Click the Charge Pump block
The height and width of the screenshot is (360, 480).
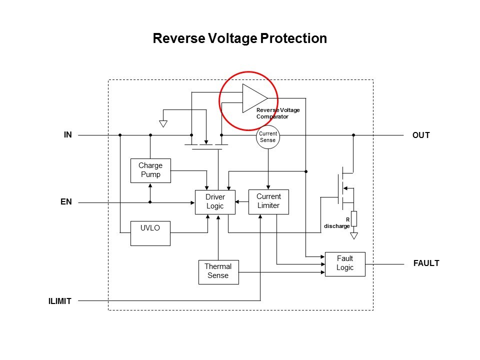[x=150, y=171]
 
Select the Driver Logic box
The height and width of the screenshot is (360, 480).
[x=215, y=202]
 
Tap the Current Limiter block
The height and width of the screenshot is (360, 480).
[x=268, y=201]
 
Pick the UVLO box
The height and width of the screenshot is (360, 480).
[x=150, y=233]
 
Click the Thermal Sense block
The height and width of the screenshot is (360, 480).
[x=218, y=271]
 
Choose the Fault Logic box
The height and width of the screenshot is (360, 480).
[x=345, y=263]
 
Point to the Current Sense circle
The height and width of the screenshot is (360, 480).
[x=267, y=137]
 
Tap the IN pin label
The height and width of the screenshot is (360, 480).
[x=68, y=134]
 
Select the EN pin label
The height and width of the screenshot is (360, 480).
[x=66, y=202]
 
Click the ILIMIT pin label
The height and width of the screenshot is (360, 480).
[x=60, y=301]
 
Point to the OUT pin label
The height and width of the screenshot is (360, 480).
[x=421, y=135]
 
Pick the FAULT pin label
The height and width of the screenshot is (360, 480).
[x=426, y=263]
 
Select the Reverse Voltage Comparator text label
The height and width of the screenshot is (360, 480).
[x=277, y=113]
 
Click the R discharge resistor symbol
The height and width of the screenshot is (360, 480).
[x=354, y=218]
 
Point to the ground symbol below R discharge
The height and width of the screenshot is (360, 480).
[x=354, y=235]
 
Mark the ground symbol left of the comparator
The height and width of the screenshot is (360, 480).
[x=163, y=123]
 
